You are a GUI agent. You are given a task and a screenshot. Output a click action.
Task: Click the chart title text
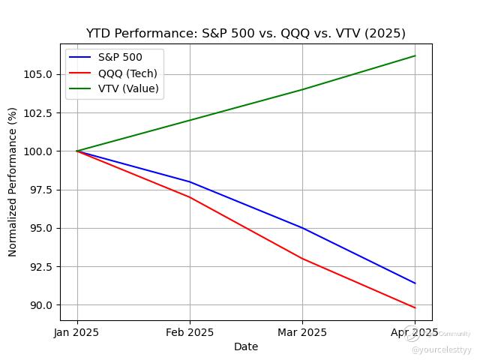coord(245,33)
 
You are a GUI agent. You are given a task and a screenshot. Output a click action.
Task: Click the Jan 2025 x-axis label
coord(77,332)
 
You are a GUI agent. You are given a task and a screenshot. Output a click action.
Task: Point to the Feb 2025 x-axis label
coord(190,332)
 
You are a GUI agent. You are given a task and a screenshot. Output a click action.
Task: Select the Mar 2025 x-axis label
coord(302,332)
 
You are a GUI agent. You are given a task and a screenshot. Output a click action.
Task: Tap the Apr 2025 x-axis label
coord(414,332)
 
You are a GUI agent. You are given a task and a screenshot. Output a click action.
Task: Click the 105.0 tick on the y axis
coord(37,74)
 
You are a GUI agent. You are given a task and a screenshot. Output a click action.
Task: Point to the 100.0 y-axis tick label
coord(37,151)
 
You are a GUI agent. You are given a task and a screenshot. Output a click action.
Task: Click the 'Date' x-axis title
coord(245,346)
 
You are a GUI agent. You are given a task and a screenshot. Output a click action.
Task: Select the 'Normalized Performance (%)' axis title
coord(13,181)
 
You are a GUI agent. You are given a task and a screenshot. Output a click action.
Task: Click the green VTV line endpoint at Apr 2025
coord(415,55)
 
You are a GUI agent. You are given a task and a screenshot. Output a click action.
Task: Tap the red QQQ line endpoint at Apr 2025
coord(415,307)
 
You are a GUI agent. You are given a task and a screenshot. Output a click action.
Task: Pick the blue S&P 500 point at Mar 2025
coord(302,228)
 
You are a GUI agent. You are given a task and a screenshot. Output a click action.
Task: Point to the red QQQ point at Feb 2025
coord(190,197)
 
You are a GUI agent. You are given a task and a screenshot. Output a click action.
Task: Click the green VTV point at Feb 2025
coord(190,120)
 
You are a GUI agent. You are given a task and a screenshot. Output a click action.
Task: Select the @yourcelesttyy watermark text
coord(441,349)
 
